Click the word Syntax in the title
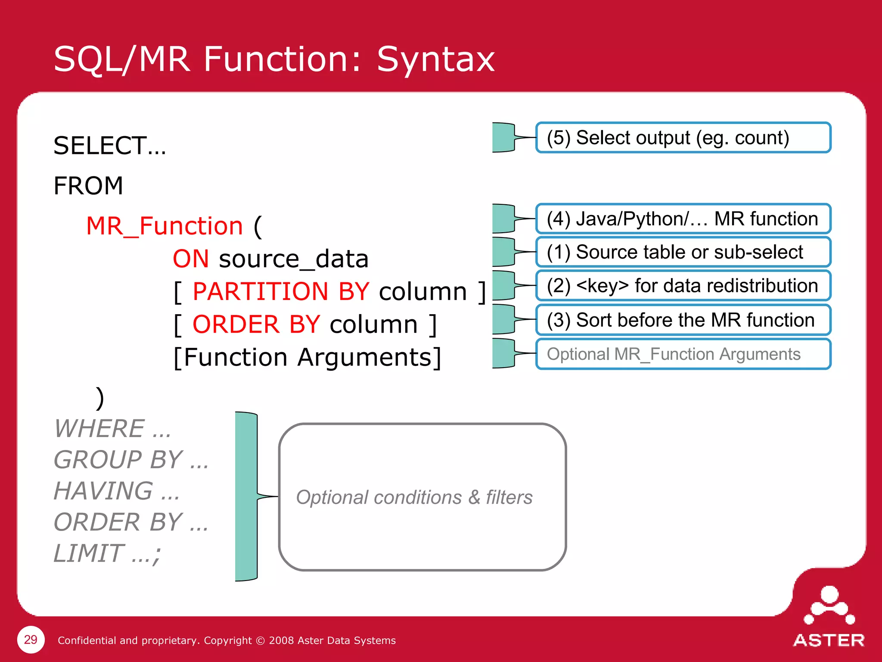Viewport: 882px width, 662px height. coord(436,59)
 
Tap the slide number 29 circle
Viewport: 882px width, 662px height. coord(31,640)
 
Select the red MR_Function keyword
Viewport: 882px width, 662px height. coord(165,226)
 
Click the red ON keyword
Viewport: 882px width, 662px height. coord(191,259)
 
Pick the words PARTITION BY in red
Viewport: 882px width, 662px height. coord(281,291)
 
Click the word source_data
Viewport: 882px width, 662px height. coord(294,259)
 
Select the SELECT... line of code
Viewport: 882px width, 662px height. coord(109,146)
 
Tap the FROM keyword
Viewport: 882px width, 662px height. coord(88,186)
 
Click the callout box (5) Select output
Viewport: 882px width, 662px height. coord(683,138)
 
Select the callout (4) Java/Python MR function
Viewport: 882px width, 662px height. coord(683,219)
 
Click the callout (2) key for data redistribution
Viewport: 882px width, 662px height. coord(683,286)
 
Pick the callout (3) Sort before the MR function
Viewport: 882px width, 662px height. coord(683,320)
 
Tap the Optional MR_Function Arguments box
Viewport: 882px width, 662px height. coord(683,354)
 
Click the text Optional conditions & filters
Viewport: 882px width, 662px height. coord(414,497)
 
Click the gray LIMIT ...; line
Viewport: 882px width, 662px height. coord(107,553)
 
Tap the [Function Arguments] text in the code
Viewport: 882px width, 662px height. coord(307,357)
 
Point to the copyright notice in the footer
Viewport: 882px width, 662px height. coord(227,640)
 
